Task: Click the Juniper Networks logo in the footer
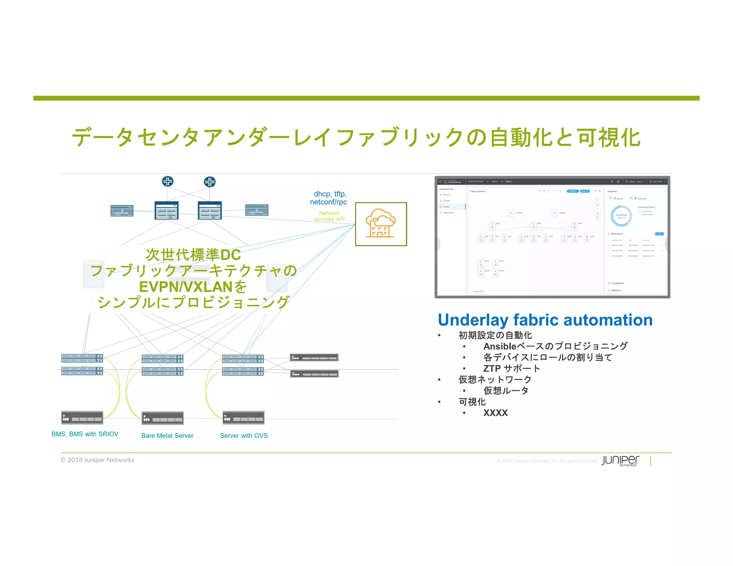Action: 620,460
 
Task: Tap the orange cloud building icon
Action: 380,224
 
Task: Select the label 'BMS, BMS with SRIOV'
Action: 85,434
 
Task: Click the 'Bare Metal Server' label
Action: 167,435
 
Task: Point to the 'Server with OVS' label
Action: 244,435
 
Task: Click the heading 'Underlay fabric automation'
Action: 545,320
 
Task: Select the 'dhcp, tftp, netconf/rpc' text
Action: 329,198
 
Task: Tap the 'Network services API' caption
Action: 329,216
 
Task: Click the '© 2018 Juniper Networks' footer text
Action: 97,460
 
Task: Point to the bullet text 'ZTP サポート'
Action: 511,368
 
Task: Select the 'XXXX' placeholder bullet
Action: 495,413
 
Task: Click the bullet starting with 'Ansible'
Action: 555,346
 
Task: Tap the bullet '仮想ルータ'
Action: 506,390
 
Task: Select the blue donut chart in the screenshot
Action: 621,216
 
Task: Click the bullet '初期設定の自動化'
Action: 495,335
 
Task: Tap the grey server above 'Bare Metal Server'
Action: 162,418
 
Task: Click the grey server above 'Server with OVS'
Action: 243,418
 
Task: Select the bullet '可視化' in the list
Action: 472,402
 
